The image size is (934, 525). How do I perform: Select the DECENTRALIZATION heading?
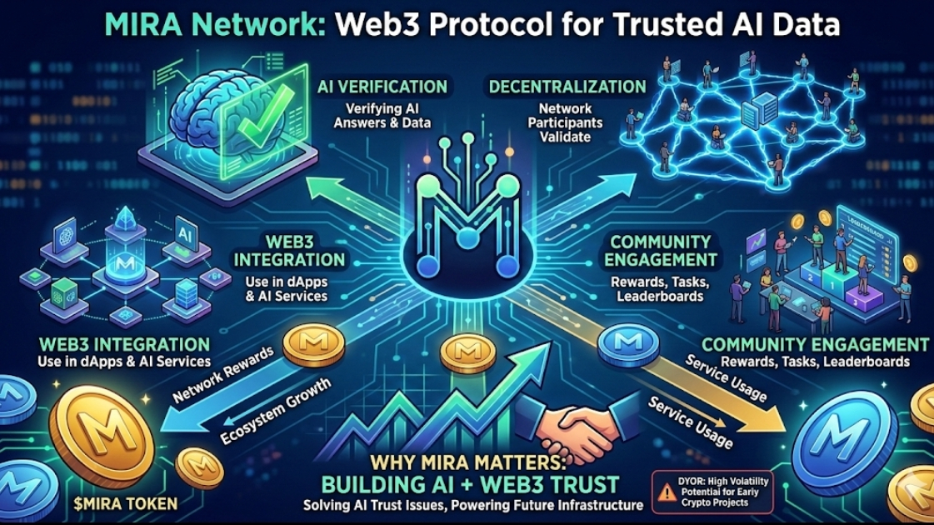567,87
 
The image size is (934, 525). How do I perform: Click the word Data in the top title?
801,26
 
